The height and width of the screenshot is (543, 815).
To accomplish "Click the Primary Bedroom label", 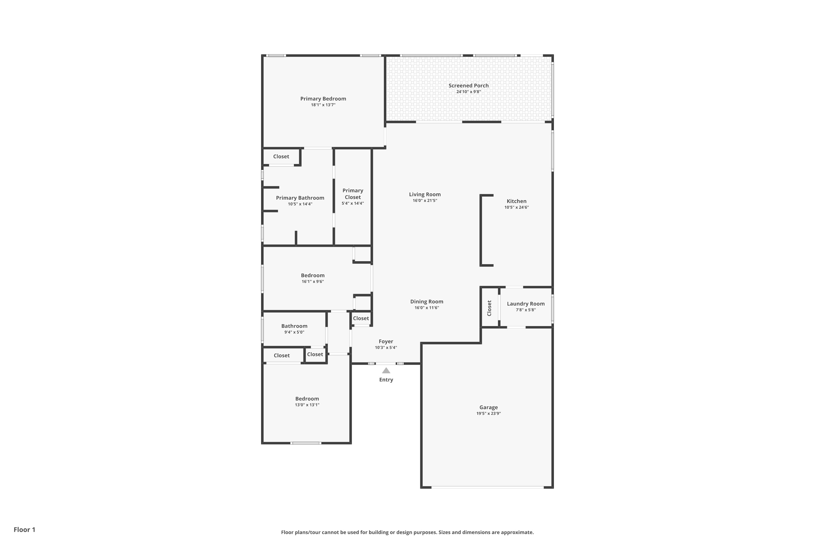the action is coord(323,99).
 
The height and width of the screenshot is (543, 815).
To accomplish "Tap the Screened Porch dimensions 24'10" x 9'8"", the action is coord(468,92).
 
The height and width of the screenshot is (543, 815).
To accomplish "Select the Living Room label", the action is coord(425,195).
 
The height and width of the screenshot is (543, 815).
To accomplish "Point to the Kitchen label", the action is coord(516,201).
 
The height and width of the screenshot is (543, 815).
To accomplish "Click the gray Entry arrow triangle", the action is coord(386,371).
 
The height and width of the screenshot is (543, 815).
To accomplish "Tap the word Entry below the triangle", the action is coord(386,380).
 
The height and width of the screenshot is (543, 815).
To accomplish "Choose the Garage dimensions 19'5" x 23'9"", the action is coord(488,413).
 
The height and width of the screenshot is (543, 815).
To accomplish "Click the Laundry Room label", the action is coord(526,304).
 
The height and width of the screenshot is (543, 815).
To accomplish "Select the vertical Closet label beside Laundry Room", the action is coord(489,308).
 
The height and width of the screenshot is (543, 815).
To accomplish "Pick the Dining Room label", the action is coord(427,302).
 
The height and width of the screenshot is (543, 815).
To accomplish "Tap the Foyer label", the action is coord(386,342).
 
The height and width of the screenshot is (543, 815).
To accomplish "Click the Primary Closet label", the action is coord(353,194).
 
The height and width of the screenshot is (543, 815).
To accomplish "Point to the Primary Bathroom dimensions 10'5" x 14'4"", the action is coord(300,204).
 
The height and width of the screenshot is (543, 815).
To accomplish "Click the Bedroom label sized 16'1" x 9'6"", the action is coord(313,276).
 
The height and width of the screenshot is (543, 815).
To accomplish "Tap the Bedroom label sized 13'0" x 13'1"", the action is coord(307,399).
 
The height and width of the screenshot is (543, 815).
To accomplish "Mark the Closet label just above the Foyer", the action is coord(361,318).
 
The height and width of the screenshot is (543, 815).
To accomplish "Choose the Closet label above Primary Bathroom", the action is coord(281,157).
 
